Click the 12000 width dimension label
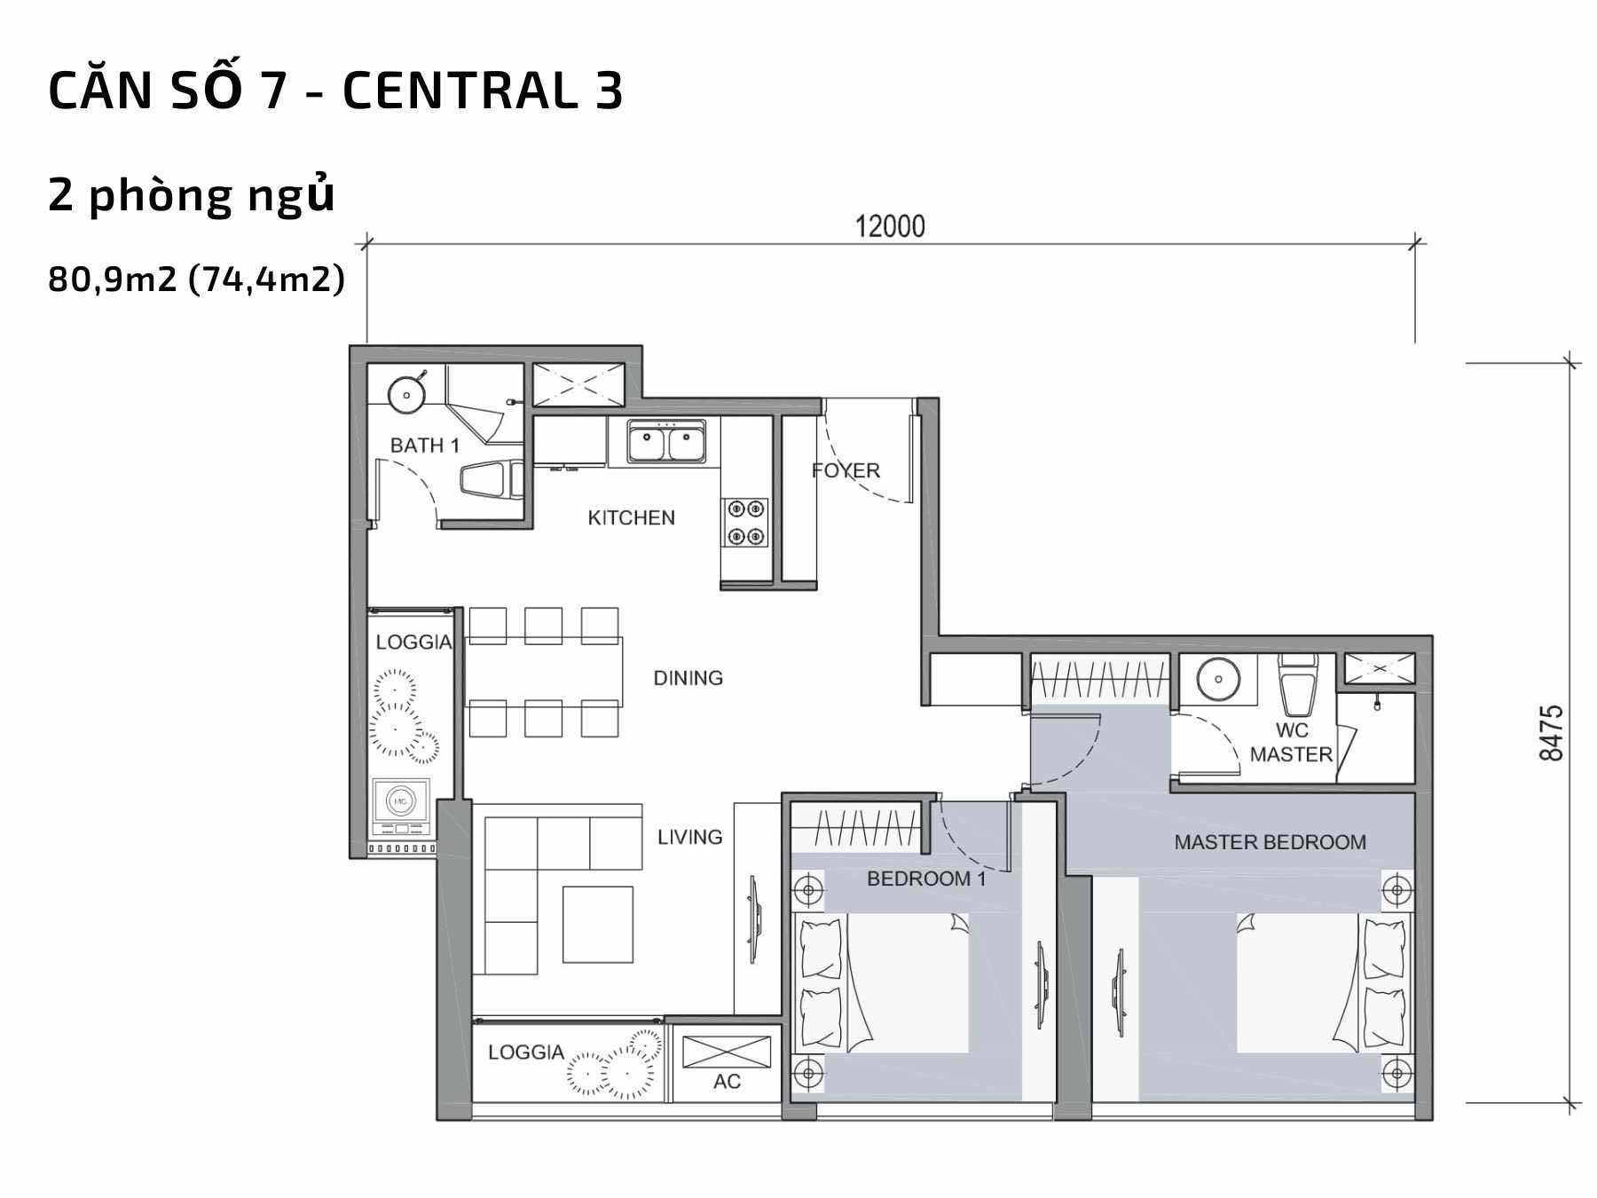point(890,227)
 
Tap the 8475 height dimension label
point(1551,733)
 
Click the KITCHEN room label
point(631,517)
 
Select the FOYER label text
point(846,470)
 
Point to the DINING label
point(688,678)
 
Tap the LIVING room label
point(689,837)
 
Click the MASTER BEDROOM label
point(1270,842)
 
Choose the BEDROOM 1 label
point(926,879)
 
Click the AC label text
point(727,1082)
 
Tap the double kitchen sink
point(667,442)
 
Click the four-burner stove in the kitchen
point(745,523)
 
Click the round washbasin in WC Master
point(1217,680)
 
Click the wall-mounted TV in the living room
point(753,919)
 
